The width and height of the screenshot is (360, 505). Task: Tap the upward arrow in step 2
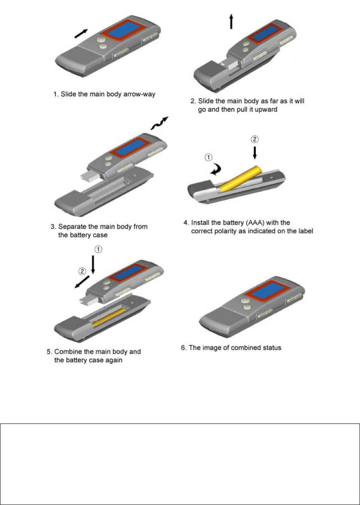(231, 21)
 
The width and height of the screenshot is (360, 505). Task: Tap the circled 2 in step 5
(82, 271)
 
